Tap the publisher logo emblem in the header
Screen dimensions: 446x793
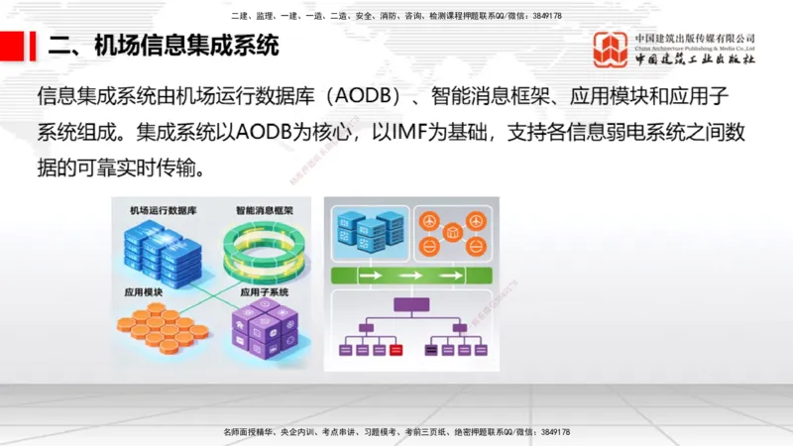pyautogui.click(x=611, y=50)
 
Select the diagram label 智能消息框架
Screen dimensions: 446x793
pyautogui.click(x=265, y=211)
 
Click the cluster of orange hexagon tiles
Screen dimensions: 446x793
pyautogui.click(x=163, y=328)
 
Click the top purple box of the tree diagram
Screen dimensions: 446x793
pyautogui.click(x=412, y=304)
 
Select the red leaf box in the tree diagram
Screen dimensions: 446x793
pyautogui.click(x=396, y=350)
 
